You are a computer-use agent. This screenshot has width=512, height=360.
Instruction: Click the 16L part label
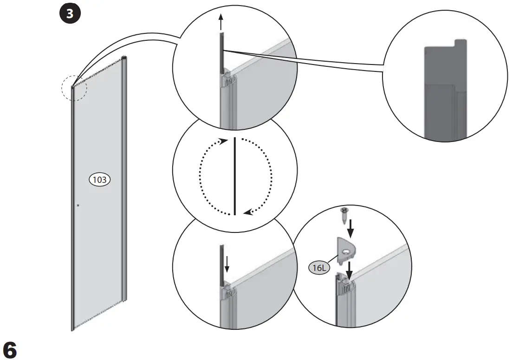(x=318, y=267)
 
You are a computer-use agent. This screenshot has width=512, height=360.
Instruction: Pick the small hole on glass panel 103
(x=78, y=205)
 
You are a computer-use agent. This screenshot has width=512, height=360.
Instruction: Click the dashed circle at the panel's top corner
(x=73, y=88)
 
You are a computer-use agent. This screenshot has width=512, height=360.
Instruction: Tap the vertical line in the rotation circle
(x=235, y=176)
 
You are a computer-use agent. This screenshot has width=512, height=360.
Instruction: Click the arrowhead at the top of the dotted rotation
(x=225, y=140)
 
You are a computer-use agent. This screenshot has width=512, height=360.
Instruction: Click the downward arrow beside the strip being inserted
(x=227, y=264)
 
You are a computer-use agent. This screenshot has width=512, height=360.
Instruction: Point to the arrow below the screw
(x=351, y=227)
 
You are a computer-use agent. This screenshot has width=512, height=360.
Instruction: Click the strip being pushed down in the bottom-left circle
(x=222, y=264)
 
